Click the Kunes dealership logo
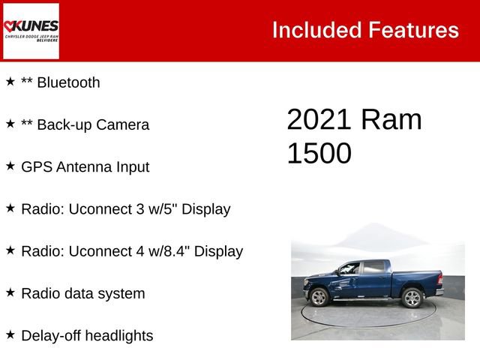(31, 31)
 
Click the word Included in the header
(316, 30)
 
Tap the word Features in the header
(413, 30)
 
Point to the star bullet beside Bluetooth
(10, 82)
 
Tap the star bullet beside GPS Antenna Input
(10, 166)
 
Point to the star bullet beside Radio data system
(10, 292)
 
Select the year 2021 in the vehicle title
(319, 121)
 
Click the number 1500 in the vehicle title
(319, 153)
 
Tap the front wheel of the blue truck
(319, 298)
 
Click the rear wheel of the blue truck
(412, 298)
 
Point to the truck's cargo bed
(415, 273)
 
